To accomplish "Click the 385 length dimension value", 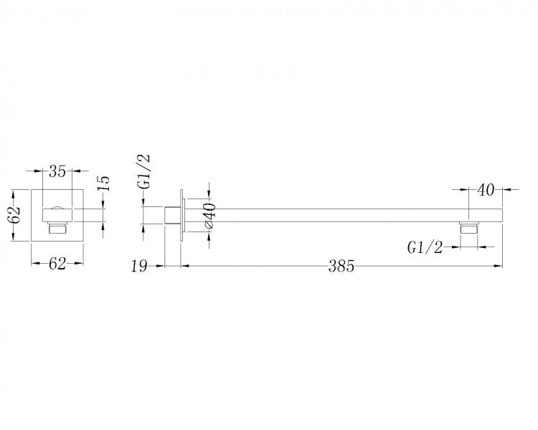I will pyautogui.click(x=341, y=267).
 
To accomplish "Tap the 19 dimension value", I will pyautogui.click(x=139, y=267).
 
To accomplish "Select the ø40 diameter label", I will pyautogui.click(x=209, y=216).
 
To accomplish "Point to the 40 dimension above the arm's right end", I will pyautogui.click(x=486, y=190).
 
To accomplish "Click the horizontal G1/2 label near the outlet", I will pyautogui.click(x=425, y=247).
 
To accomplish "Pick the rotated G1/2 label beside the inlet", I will pyautogui.click(x=143, y=172).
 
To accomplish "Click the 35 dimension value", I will pyautogui.click(x=57, y=171).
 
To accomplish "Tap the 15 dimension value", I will pyautogui.click(x=103, y=183).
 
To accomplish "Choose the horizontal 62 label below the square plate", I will pyautogui.click(x=57, y=263).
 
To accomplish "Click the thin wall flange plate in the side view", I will pyautogui.click(x=181, y=212).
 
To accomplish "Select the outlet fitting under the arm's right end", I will pyautogui.click(x=469, y=228).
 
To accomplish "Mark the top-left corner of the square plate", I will pyautogui.click(x=31, y=189).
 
